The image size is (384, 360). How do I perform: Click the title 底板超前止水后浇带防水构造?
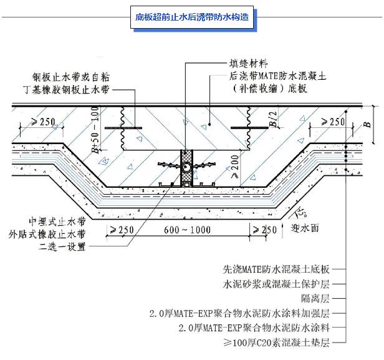pyautogui.click(x=192, y=17)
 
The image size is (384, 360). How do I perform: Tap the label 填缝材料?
pyautogui.click(x=248, y=62)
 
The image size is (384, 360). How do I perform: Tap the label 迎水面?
pyautogui.click(x=306, y=228)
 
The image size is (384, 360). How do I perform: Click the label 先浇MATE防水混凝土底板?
pyautogui.click(x=276, y=270)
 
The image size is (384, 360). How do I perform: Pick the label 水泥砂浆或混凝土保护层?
pyautogui.click(x=276, y=284)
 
